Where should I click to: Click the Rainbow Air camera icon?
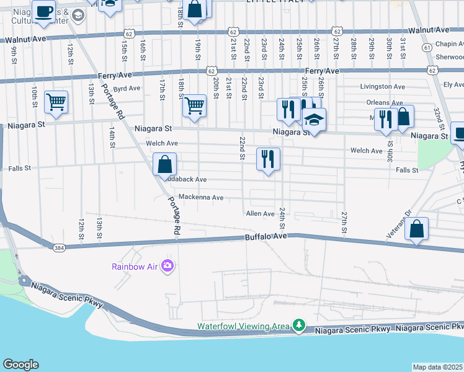tap(167, 266)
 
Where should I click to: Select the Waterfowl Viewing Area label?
tap(244, 326)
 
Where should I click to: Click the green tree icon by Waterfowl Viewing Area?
tap(299, 325)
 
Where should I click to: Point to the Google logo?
tap(20, 365)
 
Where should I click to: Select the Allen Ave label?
tap(260, 213)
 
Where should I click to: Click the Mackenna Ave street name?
tap(200, 197)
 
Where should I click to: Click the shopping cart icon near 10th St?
tap(56, 102)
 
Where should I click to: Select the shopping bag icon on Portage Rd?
tap(165, 165)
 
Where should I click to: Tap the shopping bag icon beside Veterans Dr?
tap(417, 229)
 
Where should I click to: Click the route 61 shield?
tap(427, 47)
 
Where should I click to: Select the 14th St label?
tap(112, 138)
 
